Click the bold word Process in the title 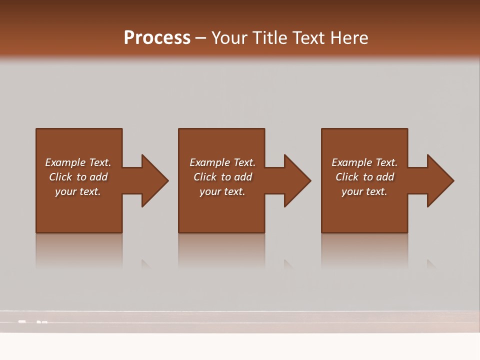pos(157,38)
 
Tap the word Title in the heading pos(270,38)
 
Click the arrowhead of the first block pos(154,180)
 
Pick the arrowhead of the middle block pos(297,180)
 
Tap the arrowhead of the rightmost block pos(439,180)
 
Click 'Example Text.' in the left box pos(78,162)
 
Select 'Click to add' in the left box pos(78,177)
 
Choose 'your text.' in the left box pos(78,191)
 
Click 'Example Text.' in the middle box pos(222,162)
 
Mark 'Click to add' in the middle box pos(222,177)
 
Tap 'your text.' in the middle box pos(222,191)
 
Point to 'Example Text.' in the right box pos(364,162)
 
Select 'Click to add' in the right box pos(364,177)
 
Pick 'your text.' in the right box pos(364,191)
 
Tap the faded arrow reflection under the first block pos(145,264)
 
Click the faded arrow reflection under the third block pos(431,264)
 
